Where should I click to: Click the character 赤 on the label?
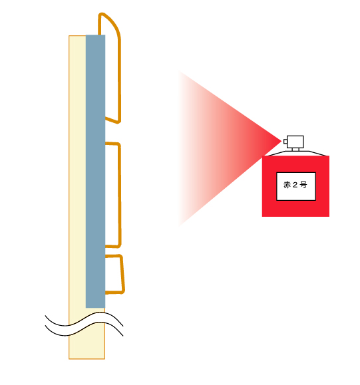tap(287, 185)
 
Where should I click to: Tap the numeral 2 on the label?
tap(295, 185)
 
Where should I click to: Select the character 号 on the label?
tap(303, 185)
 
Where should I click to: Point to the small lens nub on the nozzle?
tap(285, 142)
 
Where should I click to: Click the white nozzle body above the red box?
tap(295, 142)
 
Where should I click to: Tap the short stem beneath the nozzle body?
tap(295, 150)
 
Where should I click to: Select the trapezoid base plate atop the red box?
tap(296, 154)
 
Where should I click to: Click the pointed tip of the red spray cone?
tap(281, 141)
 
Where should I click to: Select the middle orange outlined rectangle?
tap(120, 194)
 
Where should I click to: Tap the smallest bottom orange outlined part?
tap(122, 274)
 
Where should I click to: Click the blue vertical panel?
tap(95, 171)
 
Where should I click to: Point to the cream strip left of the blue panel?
tap(77, 172)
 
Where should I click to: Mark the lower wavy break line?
tap(84, 329)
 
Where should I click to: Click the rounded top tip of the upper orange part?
tap(102, 14)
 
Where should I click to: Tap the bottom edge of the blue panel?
tap(95, 308)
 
